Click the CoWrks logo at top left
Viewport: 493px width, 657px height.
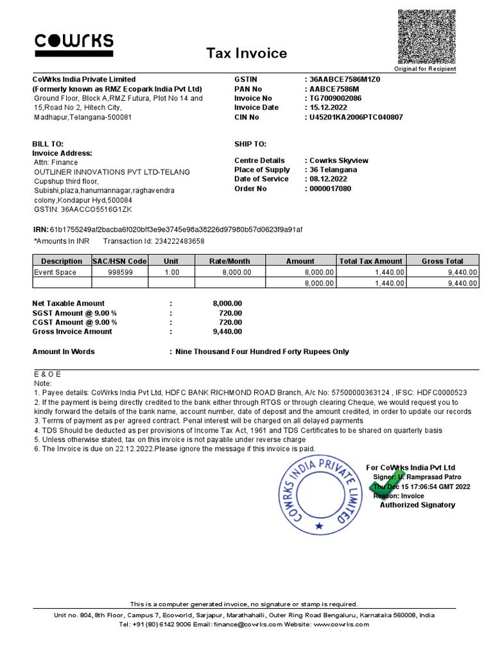[x=73, y=43]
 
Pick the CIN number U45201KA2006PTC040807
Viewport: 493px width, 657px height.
[x=356, y=117]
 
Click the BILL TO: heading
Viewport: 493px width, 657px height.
[x=48, y=144]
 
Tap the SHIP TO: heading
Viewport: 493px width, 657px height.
[x=250, y=144]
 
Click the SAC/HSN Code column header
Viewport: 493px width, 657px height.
[x=119, y=261]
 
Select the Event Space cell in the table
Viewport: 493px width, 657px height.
[x=55, y=272]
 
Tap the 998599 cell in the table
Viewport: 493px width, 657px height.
[x=119, y=272]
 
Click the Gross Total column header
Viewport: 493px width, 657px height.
[x=442, y=261]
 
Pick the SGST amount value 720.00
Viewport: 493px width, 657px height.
[x=230, y=312]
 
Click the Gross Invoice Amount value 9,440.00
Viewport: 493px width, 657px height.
[x=227, y=332]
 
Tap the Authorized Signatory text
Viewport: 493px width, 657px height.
[x=417, y=505]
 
